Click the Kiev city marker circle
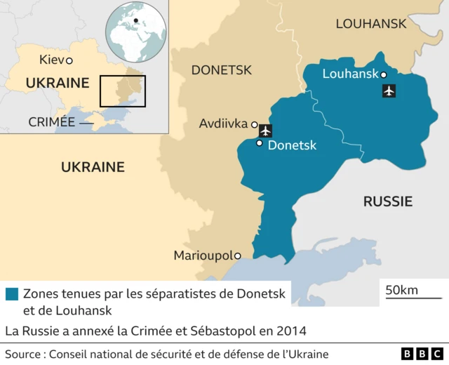[x=69, y=60]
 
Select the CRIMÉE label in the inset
[x=51, y=121]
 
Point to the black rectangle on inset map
[x=122, y=91]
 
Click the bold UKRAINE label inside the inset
[x=57, y=83]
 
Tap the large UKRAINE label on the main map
[x=93, y=167]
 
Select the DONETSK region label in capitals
[x=221, y=70]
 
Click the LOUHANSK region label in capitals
[x=370, y=24]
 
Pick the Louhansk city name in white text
[x=349, y=74]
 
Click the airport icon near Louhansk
[x=389, y=91]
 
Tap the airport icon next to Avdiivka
[x=265, y=130]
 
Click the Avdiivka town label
[x=222, y=124]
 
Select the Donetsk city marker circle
[x=260, y=143]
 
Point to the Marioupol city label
[x=203, y=255]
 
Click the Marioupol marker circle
[x=238, y=255]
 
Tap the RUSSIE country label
[x=387, y=201]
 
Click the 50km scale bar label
[x=401, y=290]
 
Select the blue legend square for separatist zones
[x=11, y=294]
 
